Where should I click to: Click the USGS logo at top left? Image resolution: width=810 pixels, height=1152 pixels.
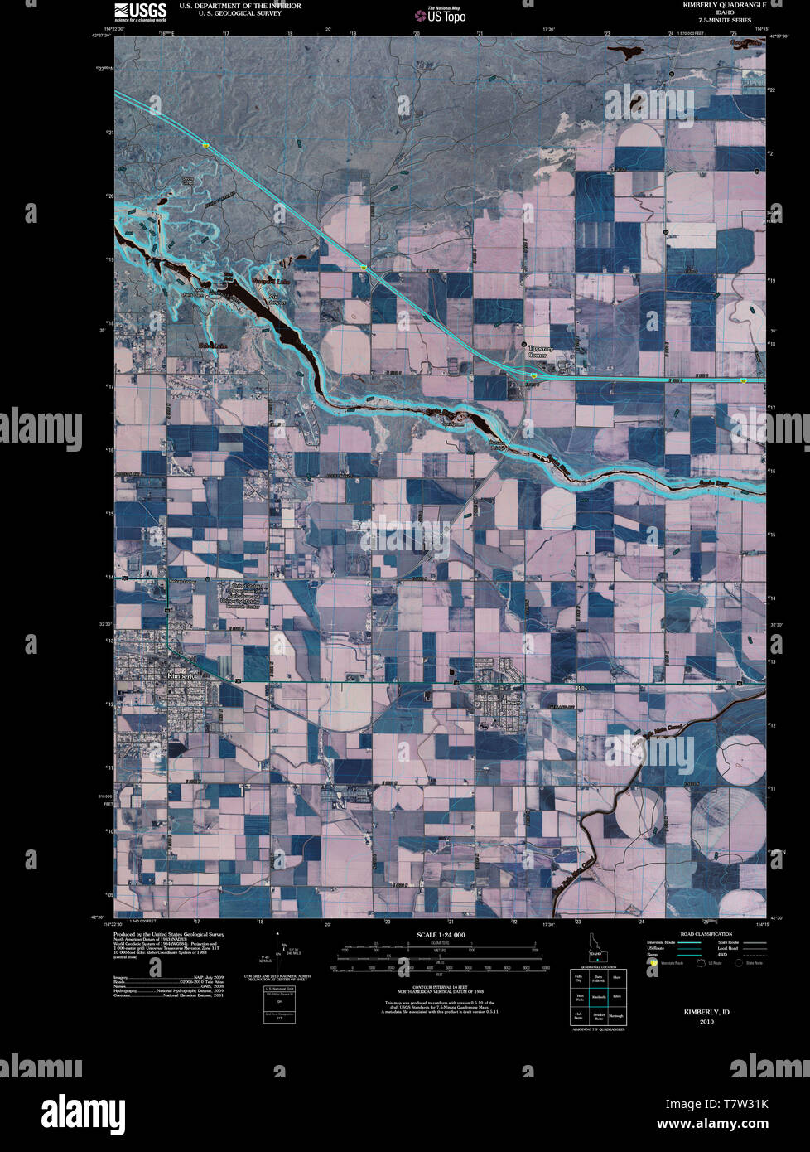[x=140, y=11]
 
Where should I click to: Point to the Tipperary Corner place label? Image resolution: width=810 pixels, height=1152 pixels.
[x=541, y=353]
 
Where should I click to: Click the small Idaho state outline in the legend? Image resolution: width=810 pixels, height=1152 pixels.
[x=597, y=946]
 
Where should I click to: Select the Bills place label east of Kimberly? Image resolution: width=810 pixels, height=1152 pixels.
[x=581, y=687]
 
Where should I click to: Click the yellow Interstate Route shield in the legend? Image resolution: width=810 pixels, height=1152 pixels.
[x=653, y=963]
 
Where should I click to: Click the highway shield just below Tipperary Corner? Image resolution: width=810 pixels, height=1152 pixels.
[x=535, y=375]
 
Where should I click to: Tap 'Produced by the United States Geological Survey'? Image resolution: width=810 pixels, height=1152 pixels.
[x=168, y=934]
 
